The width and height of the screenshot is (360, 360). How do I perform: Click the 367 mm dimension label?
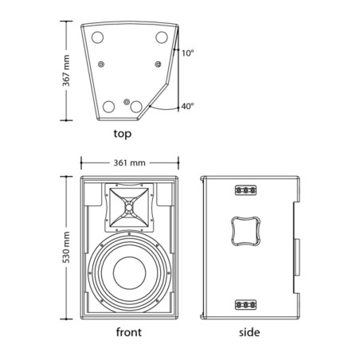[66, 71]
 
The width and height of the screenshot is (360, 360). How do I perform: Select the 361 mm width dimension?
[130, 162]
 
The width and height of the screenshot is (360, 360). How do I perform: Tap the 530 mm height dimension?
[66, 247]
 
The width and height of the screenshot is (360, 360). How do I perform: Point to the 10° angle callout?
[188, 53]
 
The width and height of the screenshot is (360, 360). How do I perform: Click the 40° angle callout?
[188, 106]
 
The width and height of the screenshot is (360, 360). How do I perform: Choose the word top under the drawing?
[123, 134]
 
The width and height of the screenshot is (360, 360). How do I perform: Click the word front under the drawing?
[129, 332]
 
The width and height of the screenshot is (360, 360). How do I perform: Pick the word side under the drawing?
[249, 332]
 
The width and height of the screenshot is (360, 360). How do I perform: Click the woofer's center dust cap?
[130, 273]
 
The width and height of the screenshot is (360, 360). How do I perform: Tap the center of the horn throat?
[129, 207]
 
